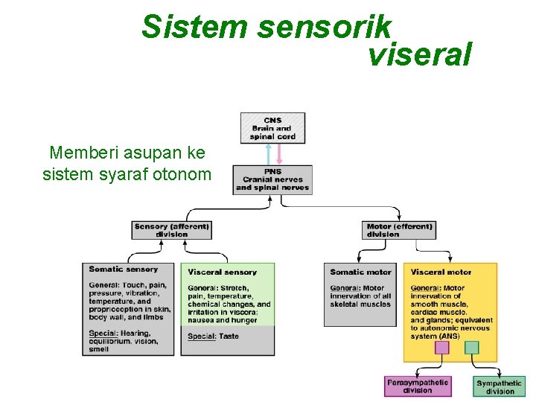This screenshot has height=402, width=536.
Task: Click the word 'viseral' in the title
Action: pos(420,55)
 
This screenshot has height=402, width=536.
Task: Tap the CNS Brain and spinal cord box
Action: pos(272,128)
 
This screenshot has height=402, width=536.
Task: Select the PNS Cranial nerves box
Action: pos(272,179)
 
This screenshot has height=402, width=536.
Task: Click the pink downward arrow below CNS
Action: pos(280,153)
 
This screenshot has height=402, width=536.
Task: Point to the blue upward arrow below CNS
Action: pos(267,153)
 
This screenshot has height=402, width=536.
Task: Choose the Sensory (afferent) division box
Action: pos(172,230)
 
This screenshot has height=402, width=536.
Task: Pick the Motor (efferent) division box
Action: pos(400,230)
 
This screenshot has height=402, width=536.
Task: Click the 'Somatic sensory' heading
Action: pos(124,269)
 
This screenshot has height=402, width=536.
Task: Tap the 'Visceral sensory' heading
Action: pos(222,272)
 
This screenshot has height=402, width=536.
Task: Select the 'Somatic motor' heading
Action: pos(360,272)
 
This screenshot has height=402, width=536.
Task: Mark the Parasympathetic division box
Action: pos(418,386)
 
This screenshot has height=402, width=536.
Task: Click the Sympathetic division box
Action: pos(500,386)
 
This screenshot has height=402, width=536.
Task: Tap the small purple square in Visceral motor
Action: pos(442,348)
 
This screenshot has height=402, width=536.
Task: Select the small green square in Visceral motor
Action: pos(472,348)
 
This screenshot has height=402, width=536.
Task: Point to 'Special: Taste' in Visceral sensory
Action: pos(214,336)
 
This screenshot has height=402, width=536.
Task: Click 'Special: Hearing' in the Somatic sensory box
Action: pos(119,334)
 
